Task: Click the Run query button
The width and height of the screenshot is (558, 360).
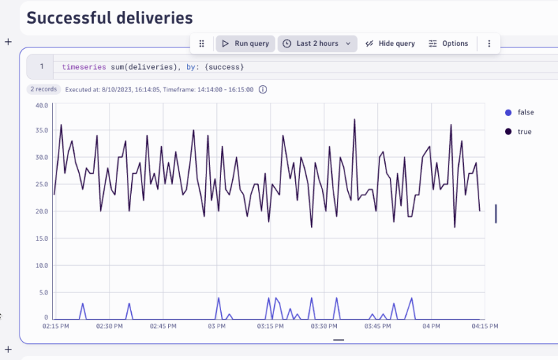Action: (x=244, y=43)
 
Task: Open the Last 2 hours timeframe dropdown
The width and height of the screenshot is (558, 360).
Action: (x=317, y=43)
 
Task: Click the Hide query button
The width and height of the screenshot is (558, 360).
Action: (x=389, y=43)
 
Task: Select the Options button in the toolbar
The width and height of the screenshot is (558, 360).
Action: (x=448, y=43)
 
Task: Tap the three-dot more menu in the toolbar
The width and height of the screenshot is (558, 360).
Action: (x=489, y=43)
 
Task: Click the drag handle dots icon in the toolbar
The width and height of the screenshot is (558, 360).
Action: (x=202, y=43)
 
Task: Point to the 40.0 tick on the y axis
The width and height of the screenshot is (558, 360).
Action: (x=41, y=105)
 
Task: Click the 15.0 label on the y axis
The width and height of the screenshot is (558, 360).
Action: (x=41, y=239)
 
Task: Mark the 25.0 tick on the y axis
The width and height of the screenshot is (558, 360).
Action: (x=41, y=185)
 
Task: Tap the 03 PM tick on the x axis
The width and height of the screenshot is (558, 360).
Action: (x=217, y=326)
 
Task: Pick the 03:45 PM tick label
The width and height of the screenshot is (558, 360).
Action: (x=377, y=326)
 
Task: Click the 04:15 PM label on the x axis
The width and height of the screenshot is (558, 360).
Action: (x=484, y=326)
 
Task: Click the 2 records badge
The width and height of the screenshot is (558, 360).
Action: (x=43, y=89)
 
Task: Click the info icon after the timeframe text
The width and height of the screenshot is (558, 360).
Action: (x=263, y=89)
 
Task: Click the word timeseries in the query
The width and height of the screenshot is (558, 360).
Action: (x=84, y=67)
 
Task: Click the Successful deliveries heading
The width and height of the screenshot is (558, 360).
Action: (x=110, y=18)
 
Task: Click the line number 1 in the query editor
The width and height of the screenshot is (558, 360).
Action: (x=42, y=67)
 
